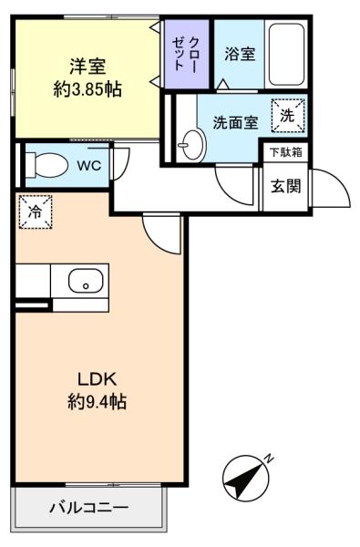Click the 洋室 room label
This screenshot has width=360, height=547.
(87, 66)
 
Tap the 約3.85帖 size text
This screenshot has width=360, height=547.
(87, 89)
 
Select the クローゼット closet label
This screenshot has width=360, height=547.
(188, 53)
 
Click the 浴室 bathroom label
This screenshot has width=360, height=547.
(241, 53)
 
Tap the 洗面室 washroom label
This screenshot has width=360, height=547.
(235, 122)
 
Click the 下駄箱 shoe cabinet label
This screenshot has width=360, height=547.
(285, 152)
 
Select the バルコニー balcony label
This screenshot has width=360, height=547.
(88, 507)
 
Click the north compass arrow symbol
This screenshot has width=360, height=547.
(243, 477)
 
